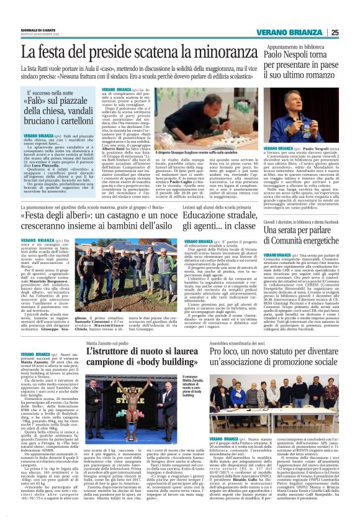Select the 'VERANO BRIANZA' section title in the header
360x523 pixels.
295,33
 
